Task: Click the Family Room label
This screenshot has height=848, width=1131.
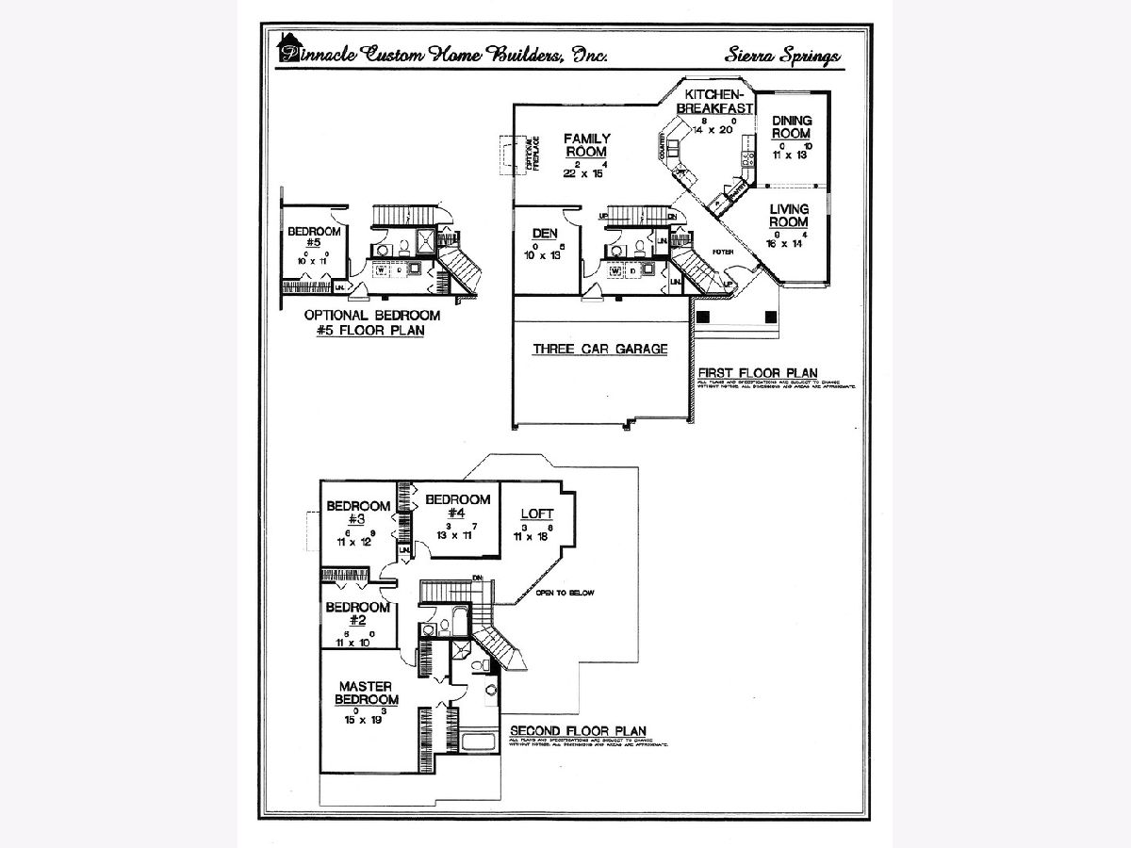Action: click(586, 145)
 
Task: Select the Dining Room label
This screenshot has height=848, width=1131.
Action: click(791, 127)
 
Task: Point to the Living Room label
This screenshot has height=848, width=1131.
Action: click(788, 216)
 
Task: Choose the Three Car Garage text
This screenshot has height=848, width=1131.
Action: click(600, 349)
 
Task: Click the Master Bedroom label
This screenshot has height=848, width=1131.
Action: click(368, 693)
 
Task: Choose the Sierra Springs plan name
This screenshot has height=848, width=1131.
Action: click(782, 56)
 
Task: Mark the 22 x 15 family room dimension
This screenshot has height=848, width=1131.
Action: click(585, 173)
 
